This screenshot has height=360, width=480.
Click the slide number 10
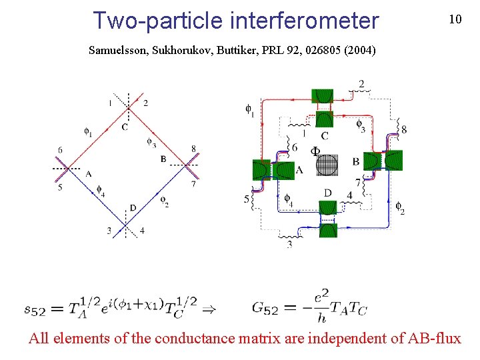point(455,19)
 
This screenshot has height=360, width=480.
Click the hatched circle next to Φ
point(327,164)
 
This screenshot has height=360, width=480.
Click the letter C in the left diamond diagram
point(125,127)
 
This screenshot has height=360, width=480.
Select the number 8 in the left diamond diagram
point(193,149)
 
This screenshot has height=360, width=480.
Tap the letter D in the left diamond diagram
point(133,208)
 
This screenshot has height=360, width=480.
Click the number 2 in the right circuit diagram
point(361,84)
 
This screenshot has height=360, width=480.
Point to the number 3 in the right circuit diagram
point(289,245)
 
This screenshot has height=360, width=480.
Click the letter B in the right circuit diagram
point(356,161)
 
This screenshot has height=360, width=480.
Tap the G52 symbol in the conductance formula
point(261,307)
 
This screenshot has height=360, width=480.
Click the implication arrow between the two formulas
point(208,309)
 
